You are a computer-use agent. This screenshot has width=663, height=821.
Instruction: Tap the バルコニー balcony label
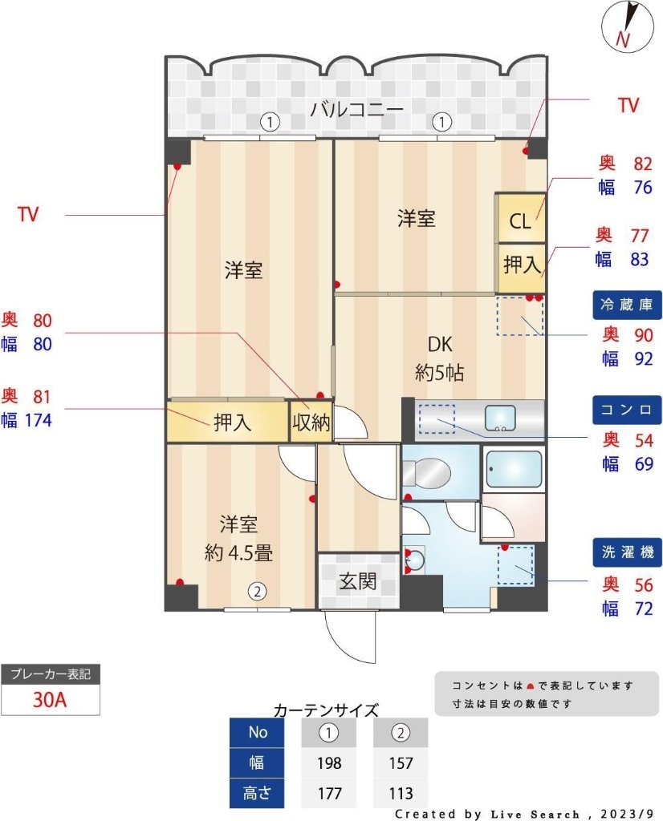(x=356, y=110)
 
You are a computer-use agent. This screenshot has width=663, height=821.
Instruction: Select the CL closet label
(x=520, y=221)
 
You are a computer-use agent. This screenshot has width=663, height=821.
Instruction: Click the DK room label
(x=440, y=346)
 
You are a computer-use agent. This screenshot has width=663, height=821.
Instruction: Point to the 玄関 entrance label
(x=357, y=580)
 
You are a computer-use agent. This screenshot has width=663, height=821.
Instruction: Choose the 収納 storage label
(x=311, y=423)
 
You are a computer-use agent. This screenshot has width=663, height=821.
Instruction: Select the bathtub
(x=515, y=471)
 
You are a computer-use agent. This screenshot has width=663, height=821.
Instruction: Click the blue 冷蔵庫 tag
(x=627, y=305)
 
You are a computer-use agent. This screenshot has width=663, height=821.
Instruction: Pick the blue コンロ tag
(x=627, y=410)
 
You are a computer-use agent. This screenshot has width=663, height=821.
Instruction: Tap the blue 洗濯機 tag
(x=627, y=552)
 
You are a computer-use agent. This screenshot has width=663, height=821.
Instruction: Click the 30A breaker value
(x=50, y=699)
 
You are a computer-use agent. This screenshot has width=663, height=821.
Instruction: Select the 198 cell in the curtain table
(x=329, y=762)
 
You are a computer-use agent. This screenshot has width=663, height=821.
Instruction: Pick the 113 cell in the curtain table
(x=400, y=793)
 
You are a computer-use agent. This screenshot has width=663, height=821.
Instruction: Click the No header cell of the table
(x=258, y=732)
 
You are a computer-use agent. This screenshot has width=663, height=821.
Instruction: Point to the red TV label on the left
(x=29, y=214)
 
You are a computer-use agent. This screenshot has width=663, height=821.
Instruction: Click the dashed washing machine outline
(x=515, y=564)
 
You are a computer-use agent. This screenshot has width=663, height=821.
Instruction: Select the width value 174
(x=39, y=419)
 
